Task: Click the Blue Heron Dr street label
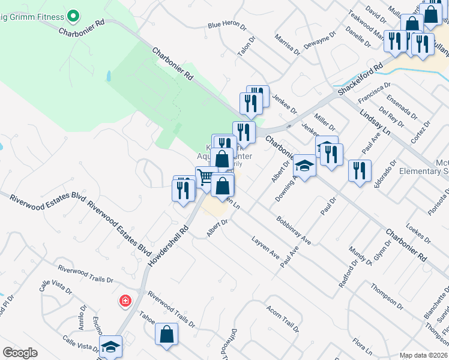point(227,26)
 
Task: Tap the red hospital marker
point(125,300)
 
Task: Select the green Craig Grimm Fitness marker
point(73,14)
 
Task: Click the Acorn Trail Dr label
point(282,320)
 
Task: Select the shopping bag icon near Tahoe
point(167,334)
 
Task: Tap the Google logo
point(20,352)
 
